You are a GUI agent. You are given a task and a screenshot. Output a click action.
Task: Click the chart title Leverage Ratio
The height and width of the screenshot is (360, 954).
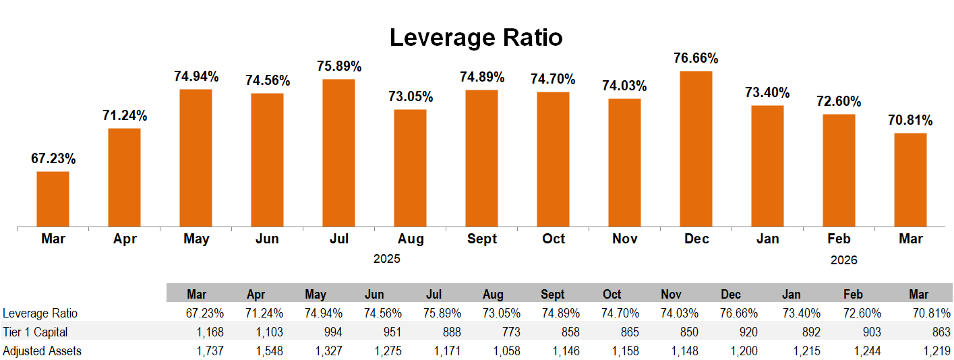476,38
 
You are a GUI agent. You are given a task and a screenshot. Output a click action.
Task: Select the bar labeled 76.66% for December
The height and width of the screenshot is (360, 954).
696,148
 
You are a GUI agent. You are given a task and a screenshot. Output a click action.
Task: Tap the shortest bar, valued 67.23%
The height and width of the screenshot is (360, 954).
53,199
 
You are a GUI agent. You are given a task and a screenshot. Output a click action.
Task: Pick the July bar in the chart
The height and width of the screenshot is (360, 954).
338,152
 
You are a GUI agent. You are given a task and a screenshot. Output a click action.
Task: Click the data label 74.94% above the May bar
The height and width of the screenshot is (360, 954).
196,76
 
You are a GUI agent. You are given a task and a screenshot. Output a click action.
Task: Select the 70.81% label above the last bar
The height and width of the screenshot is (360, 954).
910,121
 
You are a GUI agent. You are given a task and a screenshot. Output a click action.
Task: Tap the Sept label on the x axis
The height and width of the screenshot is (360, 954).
481,239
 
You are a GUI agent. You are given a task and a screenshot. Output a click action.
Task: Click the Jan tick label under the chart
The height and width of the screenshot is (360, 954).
767,239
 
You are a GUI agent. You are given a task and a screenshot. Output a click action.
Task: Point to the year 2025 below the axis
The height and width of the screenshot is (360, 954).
387,259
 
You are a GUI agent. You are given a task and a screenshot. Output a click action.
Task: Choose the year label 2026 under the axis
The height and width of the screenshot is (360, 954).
843,260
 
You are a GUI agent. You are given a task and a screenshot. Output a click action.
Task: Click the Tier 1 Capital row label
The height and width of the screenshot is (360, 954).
35,332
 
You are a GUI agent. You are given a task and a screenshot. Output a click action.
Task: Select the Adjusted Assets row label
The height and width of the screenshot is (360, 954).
42,351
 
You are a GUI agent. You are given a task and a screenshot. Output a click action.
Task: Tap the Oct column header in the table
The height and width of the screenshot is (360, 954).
612,295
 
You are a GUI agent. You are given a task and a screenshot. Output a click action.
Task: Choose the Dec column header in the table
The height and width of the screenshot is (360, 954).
731,295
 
